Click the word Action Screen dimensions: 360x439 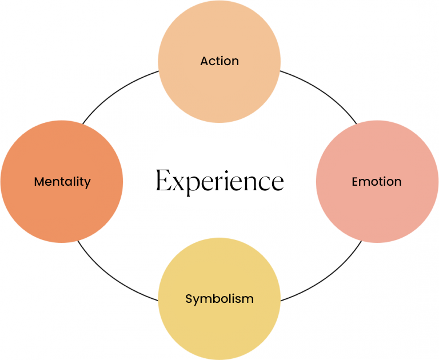point(219,61)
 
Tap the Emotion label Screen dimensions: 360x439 point(376,182)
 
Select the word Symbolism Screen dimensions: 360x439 point(219,299)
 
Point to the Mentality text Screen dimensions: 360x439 point(62,182)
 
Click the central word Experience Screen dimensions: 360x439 point(219,181)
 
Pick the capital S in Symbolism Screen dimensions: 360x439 point(189,299)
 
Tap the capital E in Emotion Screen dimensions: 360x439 point(355,182)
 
